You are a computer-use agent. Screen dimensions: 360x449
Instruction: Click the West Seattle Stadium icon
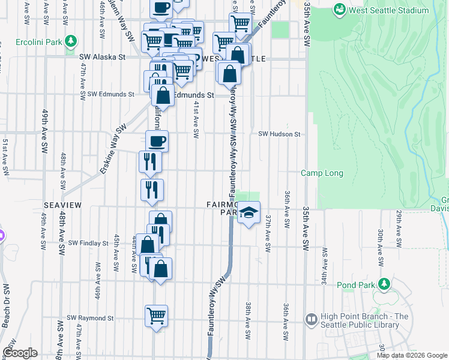coord(340,10)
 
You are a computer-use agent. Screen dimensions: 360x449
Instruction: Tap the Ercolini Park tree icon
coord(71,41)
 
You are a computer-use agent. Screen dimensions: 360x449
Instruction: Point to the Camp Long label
coord(322,173)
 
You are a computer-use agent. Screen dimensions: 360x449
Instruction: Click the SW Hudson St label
coord(279,134)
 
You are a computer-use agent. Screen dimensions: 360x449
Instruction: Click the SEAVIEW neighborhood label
coord(62,205)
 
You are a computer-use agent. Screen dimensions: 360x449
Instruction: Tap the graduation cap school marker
coord(249,213)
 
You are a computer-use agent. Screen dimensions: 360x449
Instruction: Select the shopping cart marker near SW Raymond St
coord(156,314)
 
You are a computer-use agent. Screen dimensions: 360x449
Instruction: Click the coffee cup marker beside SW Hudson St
coord(157,141)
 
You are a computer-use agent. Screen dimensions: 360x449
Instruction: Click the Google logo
coord(20,353)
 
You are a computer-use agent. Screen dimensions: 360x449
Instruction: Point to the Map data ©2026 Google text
coord(411,355)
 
